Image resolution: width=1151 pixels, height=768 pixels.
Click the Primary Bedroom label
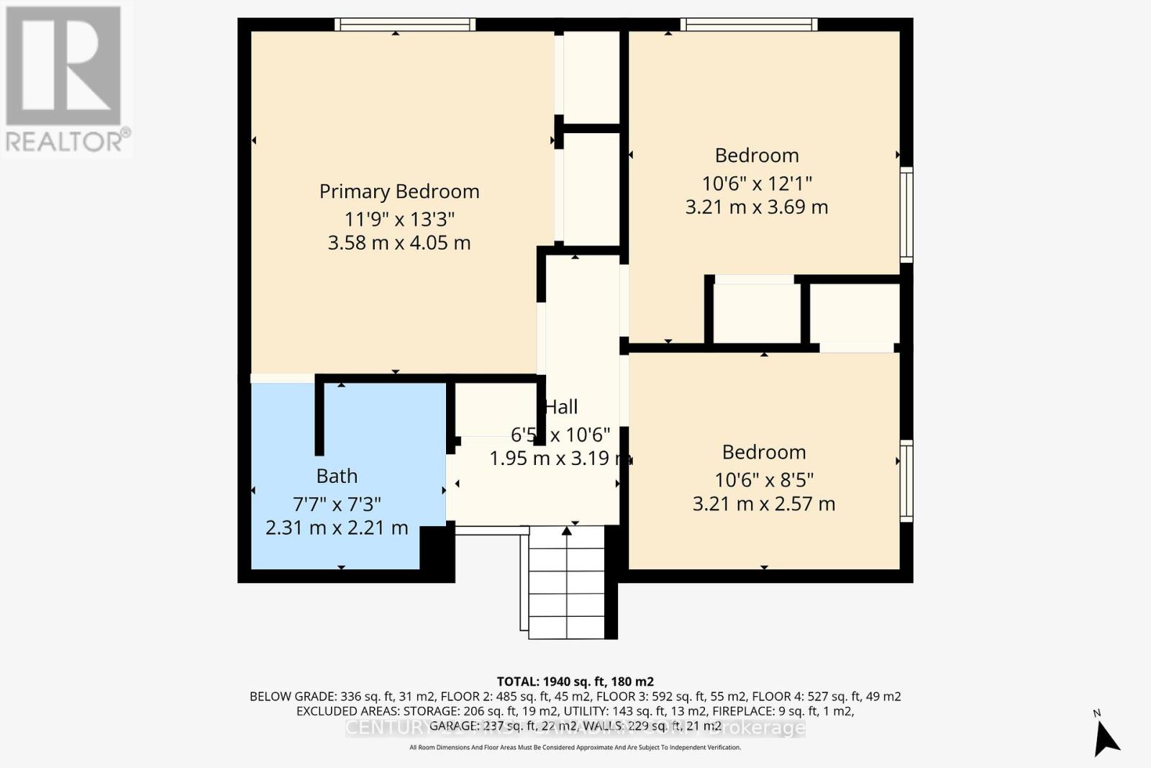[399, 191]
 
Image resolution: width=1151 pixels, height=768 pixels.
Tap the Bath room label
[337, 476]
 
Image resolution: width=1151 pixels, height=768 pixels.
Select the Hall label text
[561, 407]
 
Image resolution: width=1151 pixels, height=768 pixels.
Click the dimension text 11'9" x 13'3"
[399, 218]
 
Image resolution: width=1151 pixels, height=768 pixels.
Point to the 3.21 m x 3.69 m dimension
[757, 207]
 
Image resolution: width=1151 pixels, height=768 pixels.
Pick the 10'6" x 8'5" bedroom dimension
[764, 479]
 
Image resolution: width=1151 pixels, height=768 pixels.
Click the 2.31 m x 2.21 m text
[337, 528]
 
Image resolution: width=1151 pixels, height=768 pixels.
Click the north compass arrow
[1106, 737]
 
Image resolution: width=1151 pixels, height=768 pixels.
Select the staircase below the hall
[567, 583]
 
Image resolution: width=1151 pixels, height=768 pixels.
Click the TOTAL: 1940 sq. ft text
[575, 682]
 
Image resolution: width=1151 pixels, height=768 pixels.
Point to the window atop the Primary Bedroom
[405, 24]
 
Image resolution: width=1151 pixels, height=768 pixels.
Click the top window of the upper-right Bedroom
[749, 24]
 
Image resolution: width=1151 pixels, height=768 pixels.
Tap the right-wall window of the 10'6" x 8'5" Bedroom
[906, 481]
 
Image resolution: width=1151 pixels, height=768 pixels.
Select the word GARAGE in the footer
[453, 726]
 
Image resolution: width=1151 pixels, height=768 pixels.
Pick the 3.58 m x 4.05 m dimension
[399, 243]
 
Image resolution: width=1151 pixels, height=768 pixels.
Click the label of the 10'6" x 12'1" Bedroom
[757, 155]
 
